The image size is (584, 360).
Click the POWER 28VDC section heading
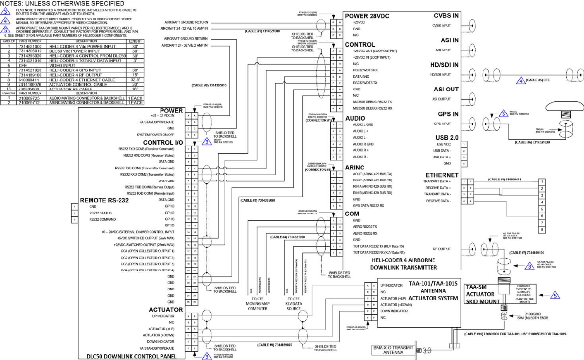[x=367, y=16]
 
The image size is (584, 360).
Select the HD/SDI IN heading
[x=444, y=65]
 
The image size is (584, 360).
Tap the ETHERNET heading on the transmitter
[x=442, y=175]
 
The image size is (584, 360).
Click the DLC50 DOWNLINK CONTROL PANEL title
[x=131, y=356]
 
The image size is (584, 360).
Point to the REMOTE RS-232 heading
[x=104, y=200]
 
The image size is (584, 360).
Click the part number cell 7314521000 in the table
[x=30, y=46]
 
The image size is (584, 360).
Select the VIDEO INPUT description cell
[x=62, y=65]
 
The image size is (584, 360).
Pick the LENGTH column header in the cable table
[x=135, y=41]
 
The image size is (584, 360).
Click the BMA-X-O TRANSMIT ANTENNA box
[x=393, y=350]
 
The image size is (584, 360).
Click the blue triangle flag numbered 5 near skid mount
[x=555, y=295]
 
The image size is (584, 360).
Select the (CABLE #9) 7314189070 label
[x=274, y=345]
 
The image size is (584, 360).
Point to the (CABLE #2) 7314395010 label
[x=209, y=86]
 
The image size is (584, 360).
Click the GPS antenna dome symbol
[x=564, y=107]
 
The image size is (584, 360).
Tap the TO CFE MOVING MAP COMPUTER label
[x=257, y=303]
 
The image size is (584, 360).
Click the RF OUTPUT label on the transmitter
[x=442, y=249]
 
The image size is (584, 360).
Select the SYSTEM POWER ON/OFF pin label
[x=155, y=135]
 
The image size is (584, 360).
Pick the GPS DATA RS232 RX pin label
[x=368, y=205]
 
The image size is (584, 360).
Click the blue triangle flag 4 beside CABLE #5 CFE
[x=520, y=81]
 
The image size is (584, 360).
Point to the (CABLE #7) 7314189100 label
[x=527, y=253]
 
